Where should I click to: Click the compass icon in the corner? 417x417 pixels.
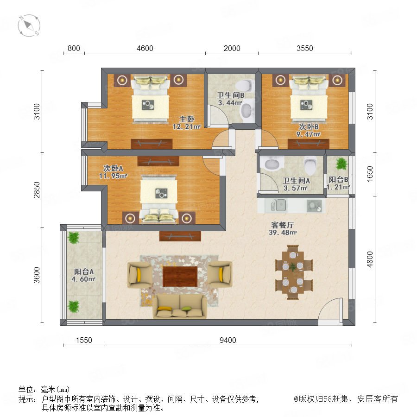pos(29,25)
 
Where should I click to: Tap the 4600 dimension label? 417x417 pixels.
pos(145,48)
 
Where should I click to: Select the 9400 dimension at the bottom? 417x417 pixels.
pos(228,340)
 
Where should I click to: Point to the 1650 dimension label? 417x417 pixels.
pos(370,174)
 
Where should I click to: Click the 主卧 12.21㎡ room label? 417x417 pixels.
pos(186,123)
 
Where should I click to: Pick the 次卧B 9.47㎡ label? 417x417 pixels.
pos(309,130)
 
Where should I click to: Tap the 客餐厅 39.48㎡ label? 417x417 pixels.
pos(283,229)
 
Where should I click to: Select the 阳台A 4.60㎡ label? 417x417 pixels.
pos(83,275)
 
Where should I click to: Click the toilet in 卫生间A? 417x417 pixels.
pos(310,165)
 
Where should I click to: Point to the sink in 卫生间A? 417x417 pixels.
pos(272,164)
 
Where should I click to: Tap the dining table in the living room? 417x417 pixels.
pos(293,272)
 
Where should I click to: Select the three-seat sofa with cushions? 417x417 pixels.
pos(180,306)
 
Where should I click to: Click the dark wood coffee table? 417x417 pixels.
pos(180,277)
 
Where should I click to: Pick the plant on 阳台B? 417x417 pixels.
pos(341,164)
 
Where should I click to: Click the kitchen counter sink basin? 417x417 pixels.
pos(278,206)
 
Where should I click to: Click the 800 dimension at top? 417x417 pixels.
pos(74,48)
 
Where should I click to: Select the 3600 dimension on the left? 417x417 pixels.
pos(37,275)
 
